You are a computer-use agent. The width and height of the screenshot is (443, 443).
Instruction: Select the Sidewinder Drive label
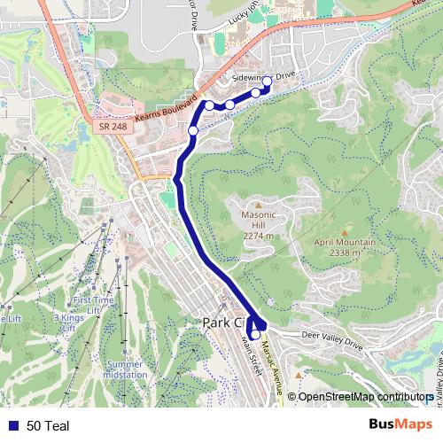click(262, 78)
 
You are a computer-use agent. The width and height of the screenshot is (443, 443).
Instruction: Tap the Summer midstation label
click(124, 369)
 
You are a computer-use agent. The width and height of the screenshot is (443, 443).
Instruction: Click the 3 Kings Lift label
click(68, 323)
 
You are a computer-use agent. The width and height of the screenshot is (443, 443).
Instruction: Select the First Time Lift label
click(93, 305)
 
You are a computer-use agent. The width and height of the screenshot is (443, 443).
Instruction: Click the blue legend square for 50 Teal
click(12, 426)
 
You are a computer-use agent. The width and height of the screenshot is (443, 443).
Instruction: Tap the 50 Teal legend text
click(48, 426)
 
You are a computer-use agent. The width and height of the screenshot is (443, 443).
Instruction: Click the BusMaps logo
click(400, 425)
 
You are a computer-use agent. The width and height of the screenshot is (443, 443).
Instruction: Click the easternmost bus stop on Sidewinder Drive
click(268, 81)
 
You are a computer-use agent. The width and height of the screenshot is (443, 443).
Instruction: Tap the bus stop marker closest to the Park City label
click(254, 334)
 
